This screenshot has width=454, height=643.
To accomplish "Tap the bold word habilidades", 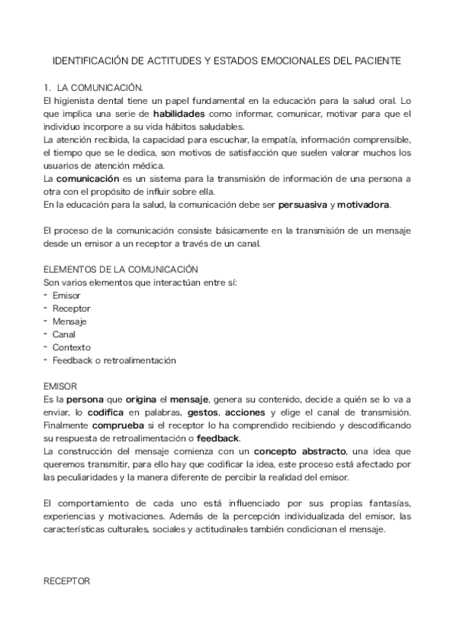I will (x=184, y=114).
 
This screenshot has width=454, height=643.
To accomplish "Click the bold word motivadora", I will (x=364, y=205).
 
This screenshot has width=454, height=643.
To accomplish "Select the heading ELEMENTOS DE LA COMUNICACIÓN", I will (x=121, y=269).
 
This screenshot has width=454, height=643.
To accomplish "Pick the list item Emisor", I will (x=66, y=295).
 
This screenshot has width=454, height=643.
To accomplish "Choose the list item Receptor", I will (x=70, y=309).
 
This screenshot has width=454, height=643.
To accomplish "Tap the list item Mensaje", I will (x=69, y=321).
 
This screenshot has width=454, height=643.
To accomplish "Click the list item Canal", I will (x=64, y=334).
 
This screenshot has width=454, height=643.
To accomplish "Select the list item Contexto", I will (x=70, y=347).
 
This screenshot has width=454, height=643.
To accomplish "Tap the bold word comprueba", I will (x=112, y=425).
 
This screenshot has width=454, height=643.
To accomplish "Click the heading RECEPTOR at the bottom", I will (x=67, y=580).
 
